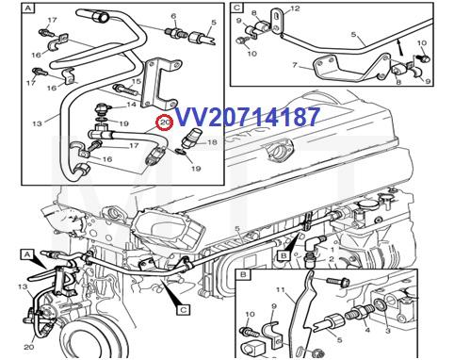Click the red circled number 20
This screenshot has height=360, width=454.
pyautogui.click(x=165, y=122)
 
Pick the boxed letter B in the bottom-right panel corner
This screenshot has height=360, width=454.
pyautogui.click(x=243, y=274)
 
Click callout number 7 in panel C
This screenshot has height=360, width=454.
pyautogui.click(x=294, y=66)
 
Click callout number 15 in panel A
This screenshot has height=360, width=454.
pyautogui.click(x=138, y=82)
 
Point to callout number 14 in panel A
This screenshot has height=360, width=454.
pyautogui.click(x=118, y=89)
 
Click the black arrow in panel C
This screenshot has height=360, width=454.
pyautogui.click(x=403, y=43)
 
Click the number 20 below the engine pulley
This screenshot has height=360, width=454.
pyautogui.click(x=28, y=347)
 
